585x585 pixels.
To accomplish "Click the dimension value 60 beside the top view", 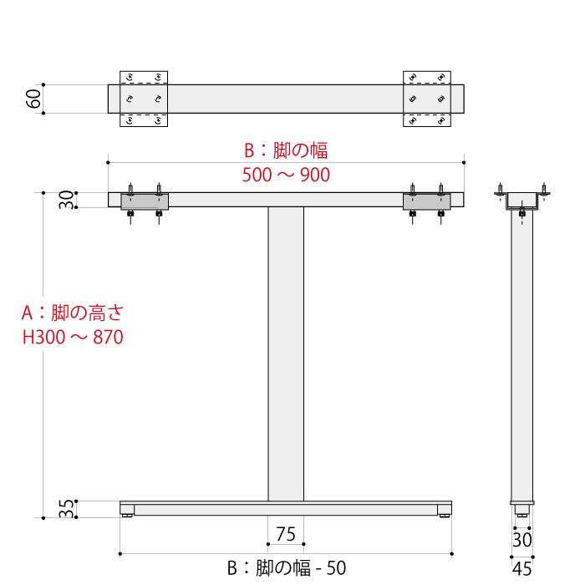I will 33,99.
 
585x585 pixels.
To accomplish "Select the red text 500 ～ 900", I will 286,175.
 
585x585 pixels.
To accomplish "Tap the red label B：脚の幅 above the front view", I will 286,150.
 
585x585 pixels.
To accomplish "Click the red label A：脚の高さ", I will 73,313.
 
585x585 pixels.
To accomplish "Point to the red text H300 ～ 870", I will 73,338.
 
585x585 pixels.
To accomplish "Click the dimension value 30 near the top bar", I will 66,201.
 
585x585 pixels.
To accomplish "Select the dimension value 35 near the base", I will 66,509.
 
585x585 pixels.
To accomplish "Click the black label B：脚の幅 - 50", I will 286,568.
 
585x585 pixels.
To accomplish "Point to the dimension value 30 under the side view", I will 521,541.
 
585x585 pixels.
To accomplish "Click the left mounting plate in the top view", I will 145,99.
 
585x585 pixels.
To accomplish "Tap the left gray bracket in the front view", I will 145,201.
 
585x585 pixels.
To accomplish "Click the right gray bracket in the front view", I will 427,201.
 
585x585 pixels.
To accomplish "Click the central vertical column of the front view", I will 286,351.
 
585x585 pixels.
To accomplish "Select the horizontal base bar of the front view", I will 286,508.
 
